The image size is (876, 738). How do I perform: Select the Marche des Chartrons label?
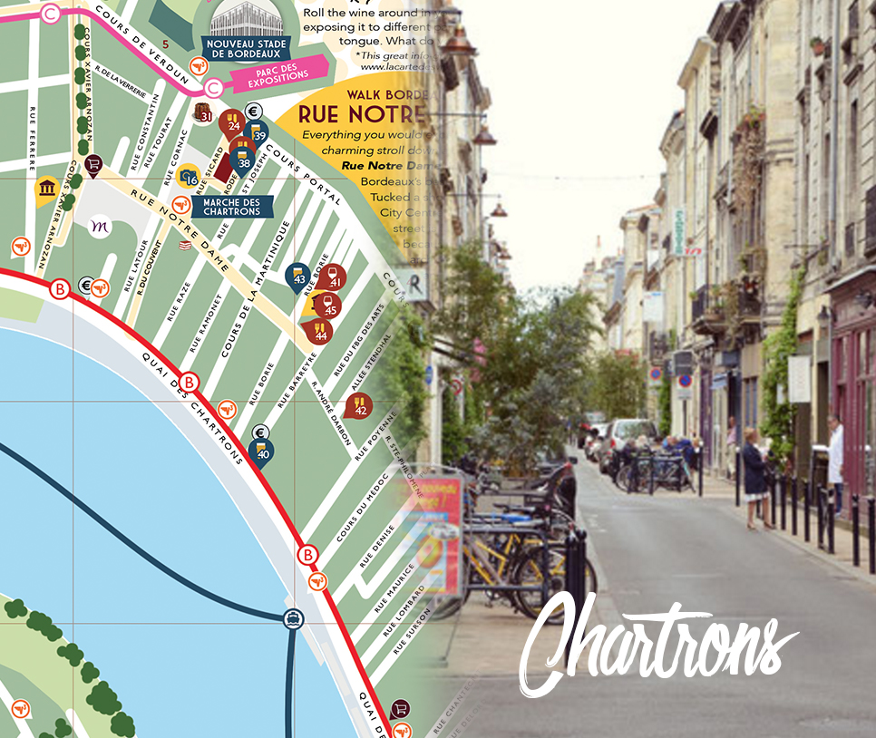click(x=232, y=207)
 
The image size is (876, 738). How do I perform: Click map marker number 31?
click(x=204, y=113)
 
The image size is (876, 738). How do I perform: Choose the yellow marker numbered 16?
click(x=188, y=176)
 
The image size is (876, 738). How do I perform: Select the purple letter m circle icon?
click(x=101, y=226)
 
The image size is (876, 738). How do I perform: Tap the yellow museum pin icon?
click(x=46, y=189)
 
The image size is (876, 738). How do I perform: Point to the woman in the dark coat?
click(x=754, y=477)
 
